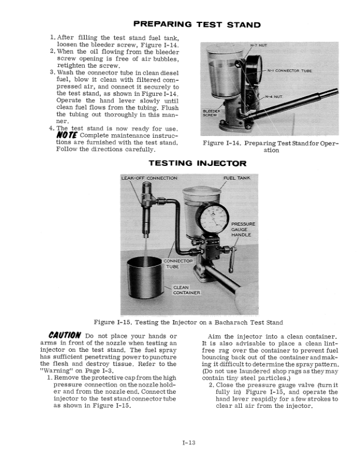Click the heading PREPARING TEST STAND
(197, 25)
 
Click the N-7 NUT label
(259, 45)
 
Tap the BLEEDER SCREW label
(211, 113)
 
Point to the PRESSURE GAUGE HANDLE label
(242, 229)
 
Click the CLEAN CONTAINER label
(187, 289)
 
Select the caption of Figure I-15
(188, 322)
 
